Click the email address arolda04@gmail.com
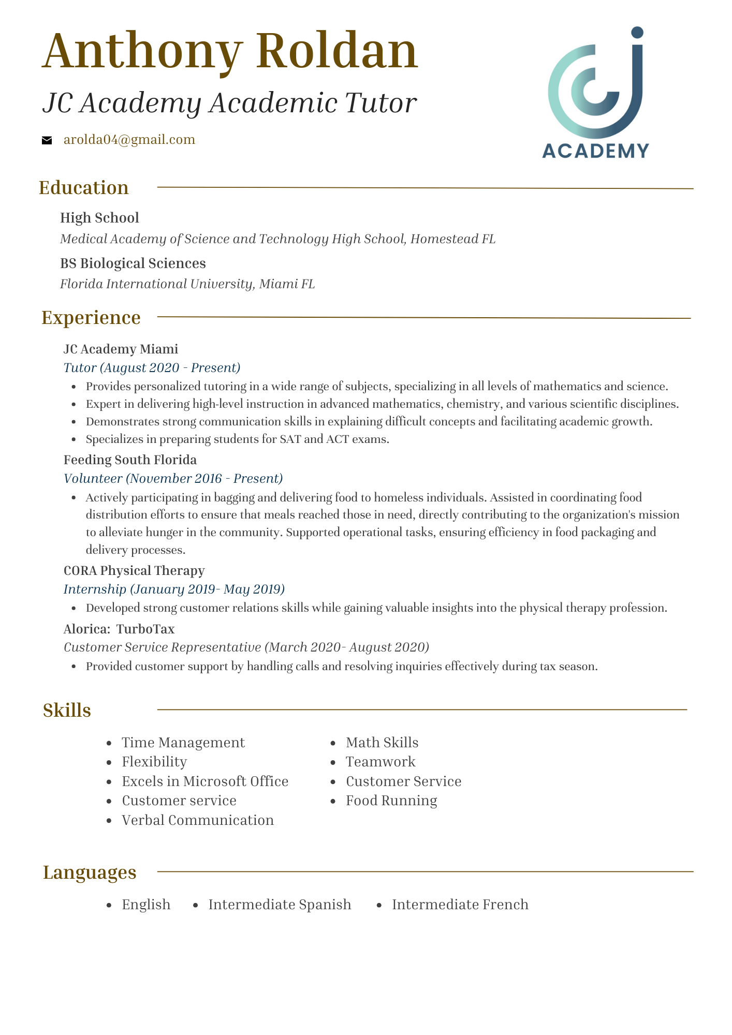coord(129,140)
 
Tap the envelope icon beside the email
coord(47,140)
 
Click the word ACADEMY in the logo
coord(595,151)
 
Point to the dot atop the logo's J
coord(637,33)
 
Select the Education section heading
coord(84,187)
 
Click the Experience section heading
coord(91,317)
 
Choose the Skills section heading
coord(67,710)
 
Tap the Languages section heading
coord(90,872)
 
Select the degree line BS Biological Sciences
coord(133,263)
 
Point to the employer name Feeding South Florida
coord(130,460)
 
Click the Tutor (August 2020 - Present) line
coord(152,368)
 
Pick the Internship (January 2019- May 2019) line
coord(174,589)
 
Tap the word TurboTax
coord(145,629)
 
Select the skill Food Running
coord(391,801)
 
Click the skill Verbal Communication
coord(198,820)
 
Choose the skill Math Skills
coord(382,743)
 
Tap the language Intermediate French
coord(460,905)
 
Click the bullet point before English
coord(109,905)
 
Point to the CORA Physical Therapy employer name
coord(134,570)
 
